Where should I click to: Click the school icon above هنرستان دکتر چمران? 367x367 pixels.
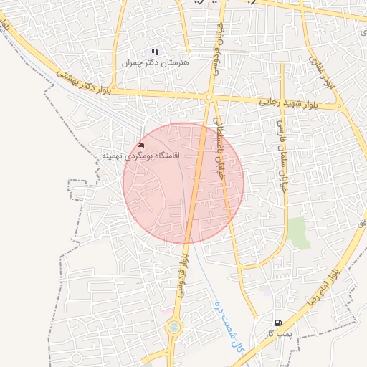(x=155, y=52)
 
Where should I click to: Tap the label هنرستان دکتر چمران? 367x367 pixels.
(x=155, y=63)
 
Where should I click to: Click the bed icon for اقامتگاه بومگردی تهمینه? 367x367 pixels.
(x=140, y=146)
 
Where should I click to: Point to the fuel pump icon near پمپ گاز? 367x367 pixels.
(x=277, y=323)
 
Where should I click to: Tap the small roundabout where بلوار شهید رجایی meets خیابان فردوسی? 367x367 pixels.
(x=209, y=97)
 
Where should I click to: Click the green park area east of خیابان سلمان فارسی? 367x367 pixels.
(x=299, y=233)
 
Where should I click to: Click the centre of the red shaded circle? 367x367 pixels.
(x=183, y=183)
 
